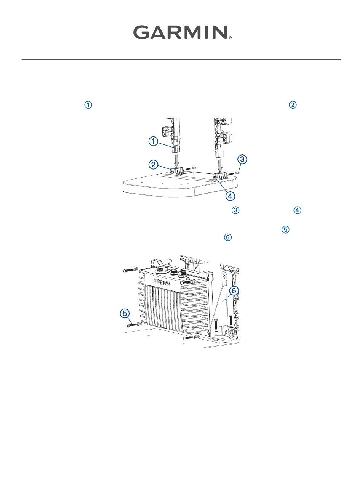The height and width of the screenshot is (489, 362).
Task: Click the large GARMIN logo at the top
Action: [181, 32]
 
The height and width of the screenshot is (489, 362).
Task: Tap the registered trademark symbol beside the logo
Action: [230, 38]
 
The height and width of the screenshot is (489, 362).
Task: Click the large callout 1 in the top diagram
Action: [153, 141]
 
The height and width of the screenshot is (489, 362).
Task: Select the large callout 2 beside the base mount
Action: [154, 165]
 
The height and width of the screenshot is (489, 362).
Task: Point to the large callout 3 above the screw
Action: [242, 159]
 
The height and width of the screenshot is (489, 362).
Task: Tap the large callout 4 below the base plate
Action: [230, 196]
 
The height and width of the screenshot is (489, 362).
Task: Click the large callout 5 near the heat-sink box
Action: [125, 313]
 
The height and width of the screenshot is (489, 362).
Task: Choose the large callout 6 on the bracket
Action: [234, 290]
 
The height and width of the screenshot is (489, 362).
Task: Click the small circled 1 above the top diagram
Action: [88, 105]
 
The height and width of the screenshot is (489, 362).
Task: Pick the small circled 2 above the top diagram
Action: [293, 105]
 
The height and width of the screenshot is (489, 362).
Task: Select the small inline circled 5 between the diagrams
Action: [285, 229]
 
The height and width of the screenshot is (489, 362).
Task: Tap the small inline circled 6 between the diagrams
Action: [228, 237]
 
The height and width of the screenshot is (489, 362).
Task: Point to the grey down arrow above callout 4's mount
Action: [219, 165]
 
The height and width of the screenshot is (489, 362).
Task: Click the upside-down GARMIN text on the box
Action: [162, 282]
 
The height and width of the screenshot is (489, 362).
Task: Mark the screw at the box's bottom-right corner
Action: [190, 338]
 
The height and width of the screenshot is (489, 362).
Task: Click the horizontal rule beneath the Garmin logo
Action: [181, 60]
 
